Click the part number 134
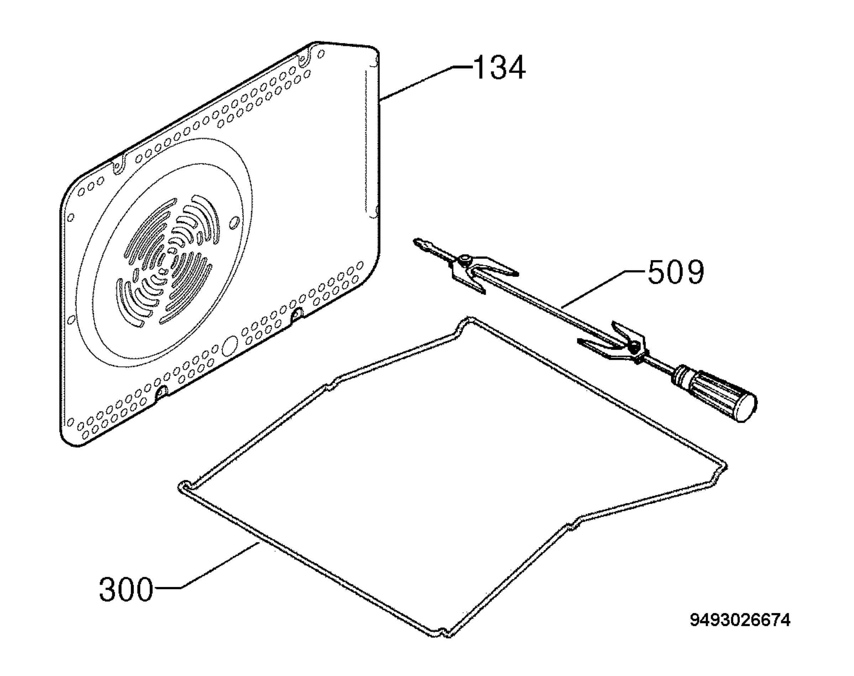[x=499, y=68]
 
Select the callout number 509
[x=676, y=272]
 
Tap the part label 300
[x=126, y=590]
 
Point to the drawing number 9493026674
[x=740, y=631]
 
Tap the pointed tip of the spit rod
[x=415, y=240]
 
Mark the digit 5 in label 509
[x=657, y=272]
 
